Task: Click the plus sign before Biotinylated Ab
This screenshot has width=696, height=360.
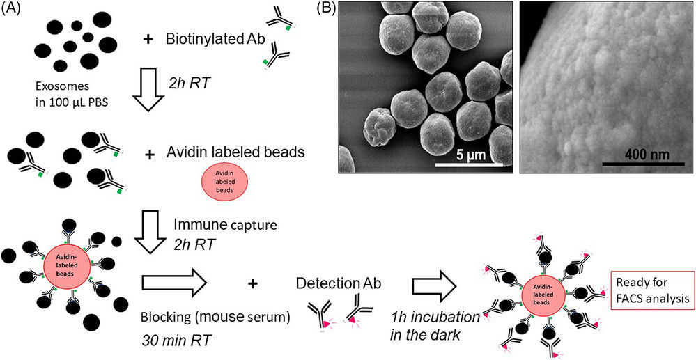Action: [147, 39]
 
